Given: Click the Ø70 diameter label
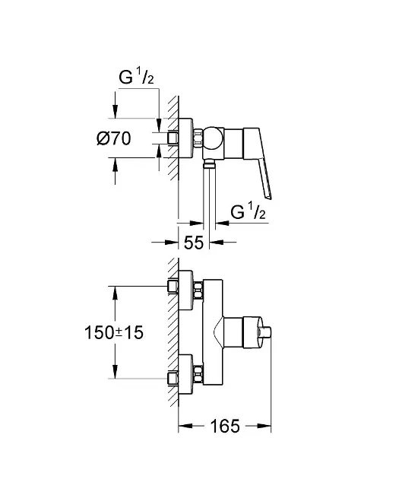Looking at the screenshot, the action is tap(113, 138).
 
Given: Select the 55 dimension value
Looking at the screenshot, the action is tap(194, 243).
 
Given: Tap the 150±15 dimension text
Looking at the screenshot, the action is tap(113, 332).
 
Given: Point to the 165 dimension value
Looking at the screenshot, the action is tap(225, 426).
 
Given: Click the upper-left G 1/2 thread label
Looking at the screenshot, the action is tap(136, 76).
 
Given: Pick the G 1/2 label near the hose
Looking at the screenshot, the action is tap(248, 211).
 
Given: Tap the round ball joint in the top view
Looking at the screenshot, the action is tap(214, 138).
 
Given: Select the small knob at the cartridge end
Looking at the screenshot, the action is tap(265, 332).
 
